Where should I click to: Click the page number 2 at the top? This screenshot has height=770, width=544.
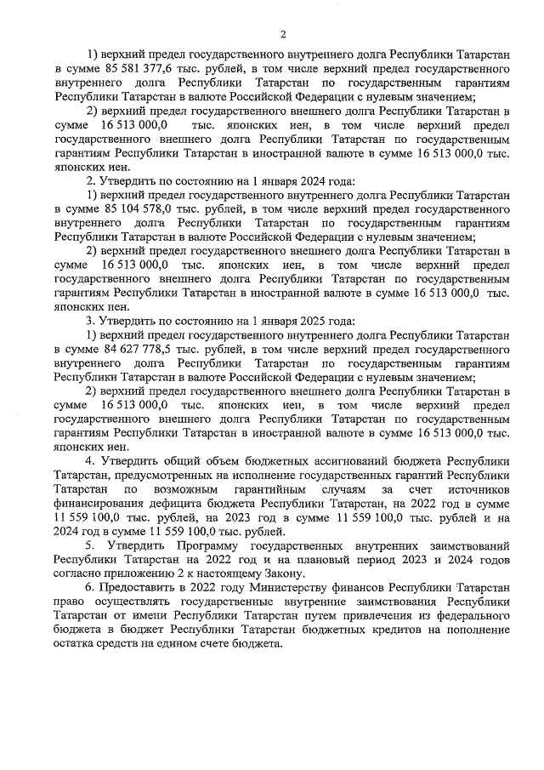click(x=281, y=34)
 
